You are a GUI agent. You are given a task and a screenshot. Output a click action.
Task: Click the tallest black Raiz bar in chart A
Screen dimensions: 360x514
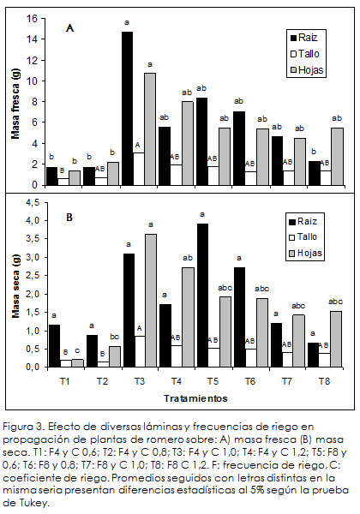click(x=127, y=109)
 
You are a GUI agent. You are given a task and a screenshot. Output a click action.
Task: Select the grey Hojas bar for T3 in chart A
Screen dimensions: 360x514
click(x=150, y=129)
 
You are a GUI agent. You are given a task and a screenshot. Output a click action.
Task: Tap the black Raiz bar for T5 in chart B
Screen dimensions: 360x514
click(x=202, y=295)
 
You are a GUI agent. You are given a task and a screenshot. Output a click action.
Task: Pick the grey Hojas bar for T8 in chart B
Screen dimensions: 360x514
click(x=336, y=339)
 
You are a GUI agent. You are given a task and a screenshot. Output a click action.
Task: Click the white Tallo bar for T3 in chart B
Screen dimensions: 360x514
click(x=140, y=351)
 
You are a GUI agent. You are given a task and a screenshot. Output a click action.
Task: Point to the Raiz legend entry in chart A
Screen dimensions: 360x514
click(x=304, y=38)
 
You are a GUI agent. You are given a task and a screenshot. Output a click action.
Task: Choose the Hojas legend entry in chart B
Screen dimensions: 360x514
click(x=306, y=253)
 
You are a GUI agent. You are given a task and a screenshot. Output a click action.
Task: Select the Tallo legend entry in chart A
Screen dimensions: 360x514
click(x=305, y=54)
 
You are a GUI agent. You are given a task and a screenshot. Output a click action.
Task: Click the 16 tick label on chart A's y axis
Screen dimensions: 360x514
click(x=32, y=18)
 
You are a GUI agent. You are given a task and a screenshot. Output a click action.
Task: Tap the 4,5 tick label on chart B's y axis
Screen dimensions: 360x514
click(x=32, y=202)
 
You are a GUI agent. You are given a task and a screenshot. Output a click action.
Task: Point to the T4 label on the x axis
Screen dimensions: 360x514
click(x=177, y=381)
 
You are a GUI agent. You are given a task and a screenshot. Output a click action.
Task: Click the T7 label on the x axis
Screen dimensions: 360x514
click(x=287, y=381)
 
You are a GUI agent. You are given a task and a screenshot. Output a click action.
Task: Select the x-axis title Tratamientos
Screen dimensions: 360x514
click(x=195, y=398)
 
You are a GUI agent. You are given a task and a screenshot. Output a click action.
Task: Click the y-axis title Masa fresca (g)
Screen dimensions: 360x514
click(x=15, y=104)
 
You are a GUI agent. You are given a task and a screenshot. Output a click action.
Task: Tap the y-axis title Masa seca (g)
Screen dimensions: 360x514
click(x=15, y=286)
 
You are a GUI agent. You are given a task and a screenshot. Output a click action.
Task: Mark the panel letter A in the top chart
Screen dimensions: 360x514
click(x=69, y=28)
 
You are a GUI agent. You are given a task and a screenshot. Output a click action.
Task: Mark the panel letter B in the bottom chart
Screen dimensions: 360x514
click(x=69, y=218)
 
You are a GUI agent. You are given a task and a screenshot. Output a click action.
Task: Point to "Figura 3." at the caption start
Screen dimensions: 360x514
click(x=24, y=427)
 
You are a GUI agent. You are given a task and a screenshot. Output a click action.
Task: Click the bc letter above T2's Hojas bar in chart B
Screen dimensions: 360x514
click(x=114, y=337)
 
